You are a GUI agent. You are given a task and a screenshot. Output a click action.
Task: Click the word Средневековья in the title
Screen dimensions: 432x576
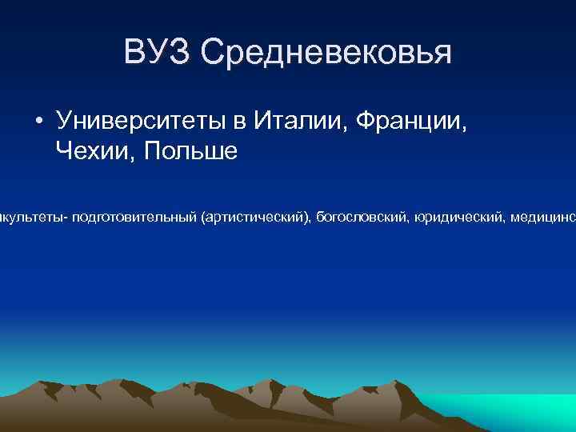[x=326, y=53]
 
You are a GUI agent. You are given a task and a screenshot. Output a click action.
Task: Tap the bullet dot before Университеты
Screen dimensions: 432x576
[x=38, y=122]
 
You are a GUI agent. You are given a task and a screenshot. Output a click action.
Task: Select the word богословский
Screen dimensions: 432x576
[x=363, y=218]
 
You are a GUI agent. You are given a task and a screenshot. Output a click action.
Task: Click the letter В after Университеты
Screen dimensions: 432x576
[x=238, y=122]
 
